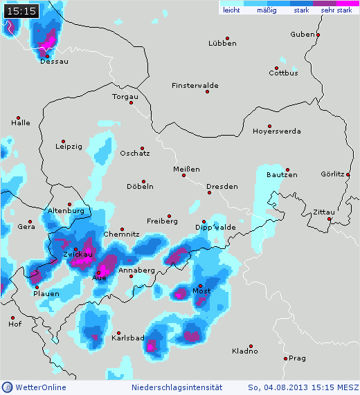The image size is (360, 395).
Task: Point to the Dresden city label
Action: (x=222, y=187)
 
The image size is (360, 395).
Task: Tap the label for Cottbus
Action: (x=283, y=73)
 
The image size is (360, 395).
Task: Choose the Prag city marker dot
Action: (x=285, y=358)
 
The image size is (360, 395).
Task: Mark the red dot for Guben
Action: (x=318, y=34)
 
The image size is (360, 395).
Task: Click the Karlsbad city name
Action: (x=127, y=339)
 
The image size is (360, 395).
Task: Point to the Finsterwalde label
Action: (x=195, y=86)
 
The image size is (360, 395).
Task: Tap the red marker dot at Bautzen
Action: (x=287, y=169)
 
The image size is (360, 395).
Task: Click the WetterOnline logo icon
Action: (x=7, y=387)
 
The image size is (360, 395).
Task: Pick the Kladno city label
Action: (x=245, y=351)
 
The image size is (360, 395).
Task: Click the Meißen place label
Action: (x=187, y=169)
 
